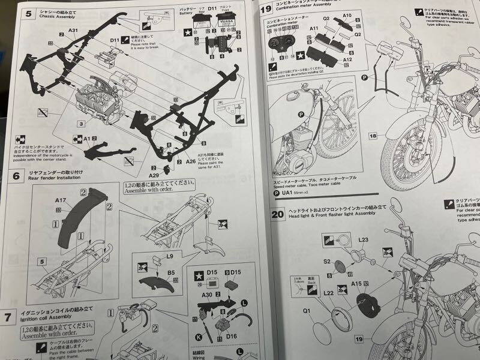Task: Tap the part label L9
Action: coord(170,257)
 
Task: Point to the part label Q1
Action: coord(307,311)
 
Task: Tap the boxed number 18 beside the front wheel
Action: coord(373,136)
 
